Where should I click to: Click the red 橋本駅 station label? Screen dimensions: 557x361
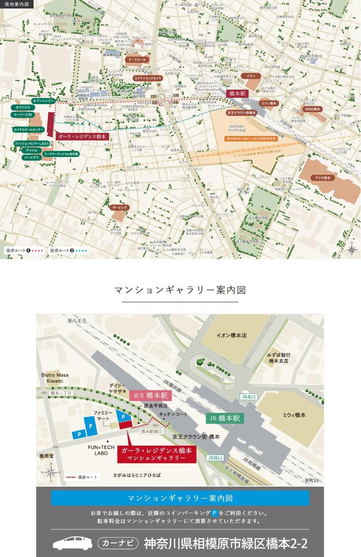[238, 94]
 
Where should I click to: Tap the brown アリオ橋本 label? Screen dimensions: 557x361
[323, 178]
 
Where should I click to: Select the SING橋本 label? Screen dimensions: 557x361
[312, 109]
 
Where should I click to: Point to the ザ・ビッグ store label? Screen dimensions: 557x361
[119, 207]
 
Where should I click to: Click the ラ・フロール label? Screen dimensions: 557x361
[137, 60]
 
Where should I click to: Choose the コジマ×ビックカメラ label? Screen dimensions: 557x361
[148, 78]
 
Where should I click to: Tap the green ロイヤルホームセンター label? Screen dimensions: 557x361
[29, 130]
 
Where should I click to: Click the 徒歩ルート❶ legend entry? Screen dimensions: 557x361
[24, 250]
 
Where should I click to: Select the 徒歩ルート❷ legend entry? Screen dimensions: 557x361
[68, 250]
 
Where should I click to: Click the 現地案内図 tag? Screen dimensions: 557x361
[16, 4]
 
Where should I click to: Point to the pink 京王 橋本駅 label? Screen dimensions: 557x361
[150, 396]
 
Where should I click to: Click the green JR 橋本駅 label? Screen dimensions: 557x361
[225, 418]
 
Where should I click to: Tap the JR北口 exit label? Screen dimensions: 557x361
[249, 397]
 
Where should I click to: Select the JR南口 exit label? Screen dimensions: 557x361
[215, 458]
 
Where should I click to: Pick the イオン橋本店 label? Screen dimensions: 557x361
[231, 335]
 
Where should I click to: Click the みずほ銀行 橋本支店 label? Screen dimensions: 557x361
[278, 358]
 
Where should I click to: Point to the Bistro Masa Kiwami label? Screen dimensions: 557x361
[55, 378]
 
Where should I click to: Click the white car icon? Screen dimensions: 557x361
[72, 543]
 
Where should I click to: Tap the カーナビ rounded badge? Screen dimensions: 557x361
[118, 543]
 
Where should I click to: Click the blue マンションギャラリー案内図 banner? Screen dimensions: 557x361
[180, 498]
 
